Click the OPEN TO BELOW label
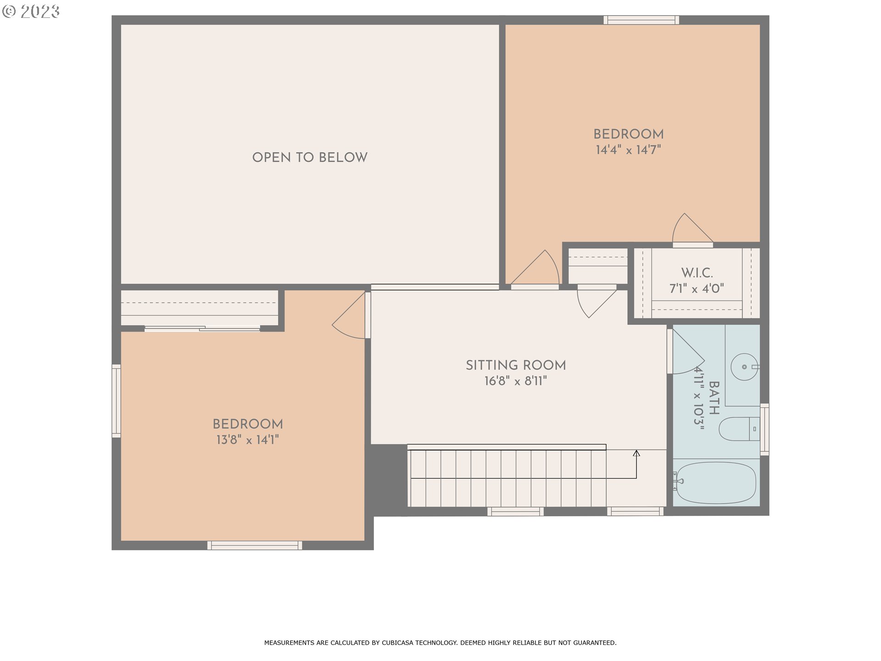[x=310, y=157]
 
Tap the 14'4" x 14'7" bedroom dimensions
[x=628, y=150]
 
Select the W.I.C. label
[x=697, y=273]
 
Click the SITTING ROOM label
[x=516, y=365]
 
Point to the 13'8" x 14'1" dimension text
[x=247, y=440]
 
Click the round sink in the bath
[x=744, y=367]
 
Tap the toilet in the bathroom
[x=739, y=429]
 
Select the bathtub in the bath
[x=716, y=482]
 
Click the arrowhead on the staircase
[x=636, y=454]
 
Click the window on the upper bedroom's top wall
[x=641, y=20]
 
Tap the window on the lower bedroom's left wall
[x=117, y=401]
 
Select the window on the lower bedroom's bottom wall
[x=255, y=545]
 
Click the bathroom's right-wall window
[x=764, y=429]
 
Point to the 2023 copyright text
[x=31, y=11]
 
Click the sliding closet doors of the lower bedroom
[x=202, y=328]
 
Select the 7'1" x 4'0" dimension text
[x=697, y=289]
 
